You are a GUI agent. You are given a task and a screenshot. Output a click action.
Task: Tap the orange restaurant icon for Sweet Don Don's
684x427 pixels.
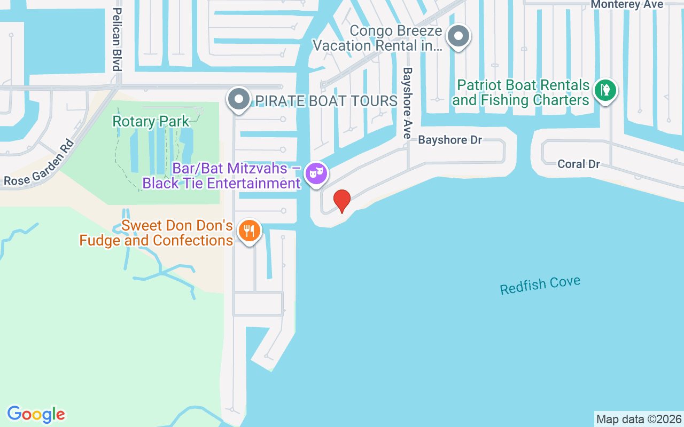pyautogui.click(x=249, y=231)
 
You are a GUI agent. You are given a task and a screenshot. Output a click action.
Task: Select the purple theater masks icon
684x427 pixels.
pyautogui.click(x=316, y=173)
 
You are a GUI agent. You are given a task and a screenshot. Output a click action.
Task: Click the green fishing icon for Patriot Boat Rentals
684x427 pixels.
pyautogui.click(x=605, y=90)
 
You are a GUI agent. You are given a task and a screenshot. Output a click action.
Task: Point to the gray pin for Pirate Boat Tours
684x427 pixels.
pyautogui.click(x=238, y=99)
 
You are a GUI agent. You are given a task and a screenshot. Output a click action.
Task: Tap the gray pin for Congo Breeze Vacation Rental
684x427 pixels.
pyautogui.click(x=458, y=37)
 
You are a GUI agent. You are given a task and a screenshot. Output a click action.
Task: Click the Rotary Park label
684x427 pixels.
pyautogui.click(x=151, y=121)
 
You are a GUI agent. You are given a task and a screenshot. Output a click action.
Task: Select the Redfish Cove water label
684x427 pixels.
pyautogui.click(x=540, y=286)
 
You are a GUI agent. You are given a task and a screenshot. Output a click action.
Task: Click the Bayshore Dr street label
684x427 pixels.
pyautogui.click(x=450, y=140)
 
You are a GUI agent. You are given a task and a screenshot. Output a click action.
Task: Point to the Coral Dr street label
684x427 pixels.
pyautogui.click(x=579, y=164)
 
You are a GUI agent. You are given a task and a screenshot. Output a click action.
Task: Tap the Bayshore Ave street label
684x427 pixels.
pyautogui.click(x=408, y=103)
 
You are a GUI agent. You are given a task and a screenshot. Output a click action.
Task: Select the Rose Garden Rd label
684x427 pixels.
pyautogui.click(x=38, y=163)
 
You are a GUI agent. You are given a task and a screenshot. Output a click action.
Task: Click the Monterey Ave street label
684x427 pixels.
pyautogui.click(x=627, y=5)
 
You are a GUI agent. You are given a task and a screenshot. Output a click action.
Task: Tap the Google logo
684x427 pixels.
pyautogui.click(x=36, y=414)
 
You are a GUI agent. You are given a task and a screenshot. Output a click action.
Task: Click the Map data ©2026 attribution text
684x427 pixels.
pyautogui.click(x=639, y=419)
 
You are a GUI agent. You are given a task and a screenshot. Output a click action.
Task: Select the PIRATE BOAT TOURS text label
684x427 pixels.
pyautogui.click(x=326, y=101)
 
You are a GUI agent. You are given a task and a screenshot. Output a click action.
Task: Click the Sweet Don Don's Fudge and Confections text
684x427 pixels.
pyautogui.click(x=156, y=233)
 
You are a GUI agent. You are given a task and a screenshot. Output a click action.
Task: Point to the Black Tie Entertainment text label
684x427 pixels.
pyautogui.click(x=221, y=184)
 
